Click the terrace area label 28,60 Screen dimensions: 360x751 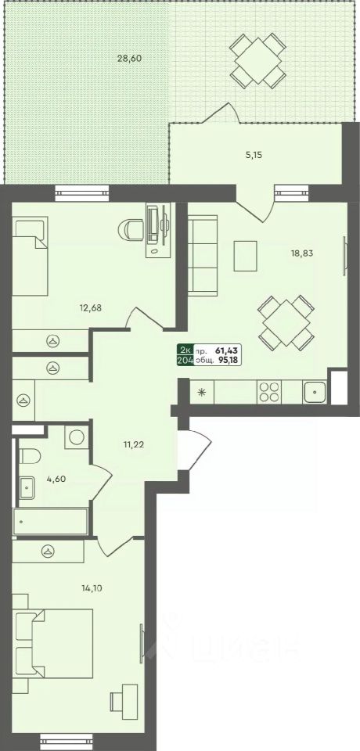(129, 59)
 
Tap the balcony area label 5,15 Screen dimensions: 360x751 (254, 155)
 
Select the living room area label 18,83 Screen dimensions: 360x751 (301, 253)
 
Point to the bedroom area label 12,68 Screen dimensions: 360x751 (91, 307)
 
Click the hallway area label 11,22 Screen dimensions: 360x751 (133, 444)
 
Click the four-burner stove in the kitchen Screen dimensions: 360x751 (269, 391)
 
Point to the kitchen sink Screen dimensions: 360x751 (315, 392)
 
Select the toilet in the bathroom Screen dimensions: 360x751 (29, 456)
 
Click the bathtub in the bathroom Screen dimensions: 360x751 (50, 521)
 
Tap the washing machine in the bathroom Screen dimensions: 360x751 (77, 437)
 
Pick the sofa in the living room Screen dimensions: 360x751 (202, 255)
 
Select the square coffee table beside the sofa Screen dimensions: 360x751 (245, 256)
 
